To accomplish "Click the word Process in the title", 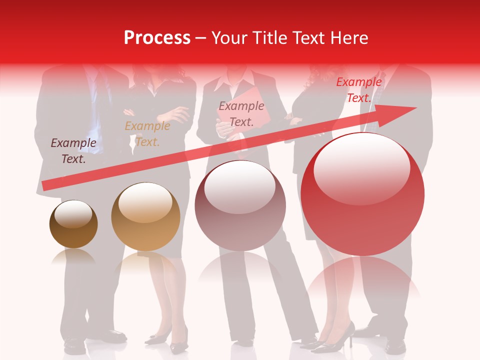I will (x=157, y=38).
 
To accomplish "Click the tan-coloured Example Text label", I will (x=147, y=134).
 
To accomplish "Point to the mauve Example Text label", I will (x=241, y=113).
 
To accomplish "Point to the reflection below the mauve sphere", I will (x=240, y=270).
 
